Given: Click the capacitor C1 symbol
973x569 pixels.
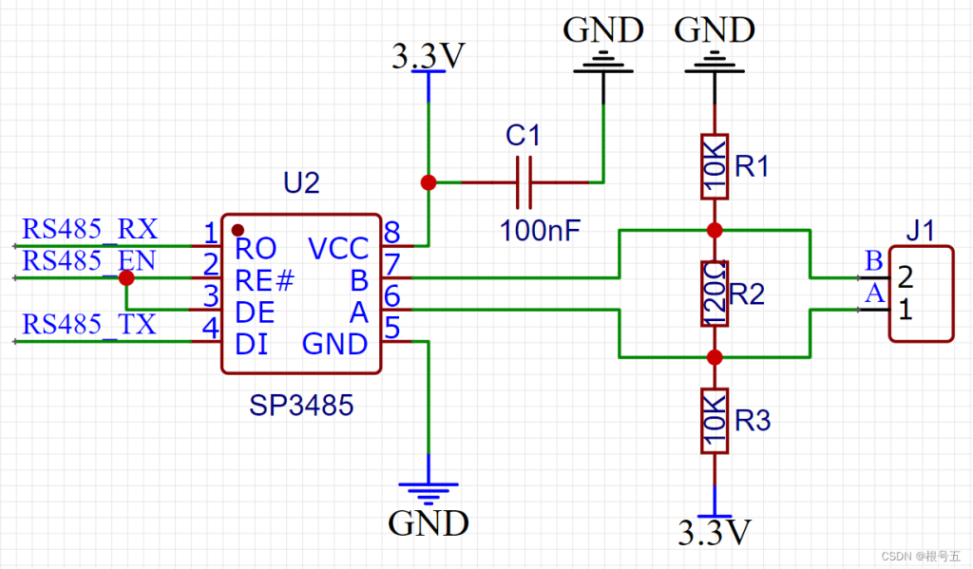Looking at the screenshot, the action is (525, 182).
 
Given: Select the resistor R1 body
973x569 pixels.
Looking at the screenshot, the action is (715, 166).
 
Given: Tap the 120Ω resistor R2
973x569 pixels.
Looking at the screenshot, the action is (715, 294).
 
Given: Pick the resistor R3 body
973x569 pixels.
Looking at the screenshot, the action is (715, 421).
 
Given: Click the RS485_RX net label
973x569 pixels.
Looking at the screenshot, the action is (90, 229).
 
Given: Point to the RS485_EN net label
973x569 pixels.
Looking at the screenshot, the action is (88, 260).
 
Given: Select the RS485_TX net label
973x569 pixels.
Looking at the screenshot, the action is (88, 325).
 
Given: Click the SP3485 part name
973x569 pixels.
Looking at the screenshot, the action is (301, 406).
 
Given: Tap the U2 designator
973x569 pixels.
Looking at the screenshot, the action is (301, 183).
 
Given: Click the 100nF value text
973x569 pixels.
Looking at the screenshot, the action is (540, 231).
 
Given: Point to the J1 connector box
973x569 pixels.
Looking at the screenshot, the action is (921, 294).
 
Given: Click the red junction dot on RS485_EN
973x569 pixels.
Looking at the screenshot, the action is (126, 277).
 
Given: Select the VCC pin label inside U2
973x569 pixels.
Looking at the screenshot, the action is (338, 249).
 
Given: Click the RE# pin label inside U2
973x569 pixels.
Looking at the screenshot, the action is (264, 281).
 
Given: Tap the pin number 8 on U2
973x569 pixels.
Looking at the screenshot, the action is (391, 232).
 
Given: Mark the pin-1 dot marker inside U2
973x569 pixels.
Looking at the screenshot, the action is (238, 230).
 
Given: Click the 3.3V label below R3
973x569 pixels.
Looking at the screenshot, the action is (715, 532).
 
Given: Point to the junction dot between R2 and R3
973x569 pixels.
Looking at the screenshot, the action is (715, 357).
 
